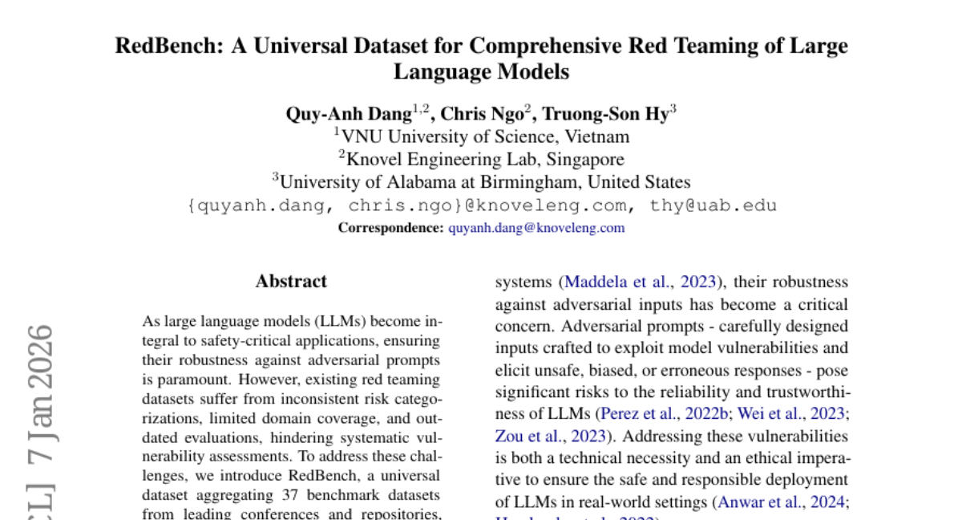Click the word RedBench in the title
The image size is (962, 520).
pos(168,45)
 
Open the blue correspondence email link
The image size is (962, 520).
pos(536,228)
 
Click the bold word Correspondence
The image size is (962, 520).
pos(390,228)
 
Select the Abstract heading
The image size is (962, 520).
pos(291,282)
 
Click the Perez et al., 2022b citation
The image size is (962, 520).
pos(655,415)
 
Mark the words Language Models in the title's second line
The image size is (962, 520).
pos(481,71)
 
